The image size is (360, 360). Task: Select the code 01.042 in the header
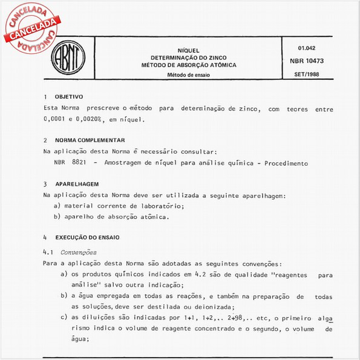pos(307,48)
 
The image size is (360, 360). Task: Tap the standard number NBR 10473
pos(307,61)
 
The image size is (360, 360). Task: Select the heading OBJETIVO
pos(69,97)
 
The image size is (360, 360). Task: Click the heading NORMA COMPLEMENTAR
pos(90,140)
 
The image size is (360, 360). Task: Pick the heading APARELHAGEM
pos(77,183)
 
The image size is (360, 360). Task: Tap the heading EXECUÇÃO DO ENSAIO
pos(87,237)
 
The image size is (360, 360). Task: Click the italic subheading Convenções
pos(79,252)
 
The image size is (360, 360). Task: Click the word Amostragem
pos(125,163)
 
